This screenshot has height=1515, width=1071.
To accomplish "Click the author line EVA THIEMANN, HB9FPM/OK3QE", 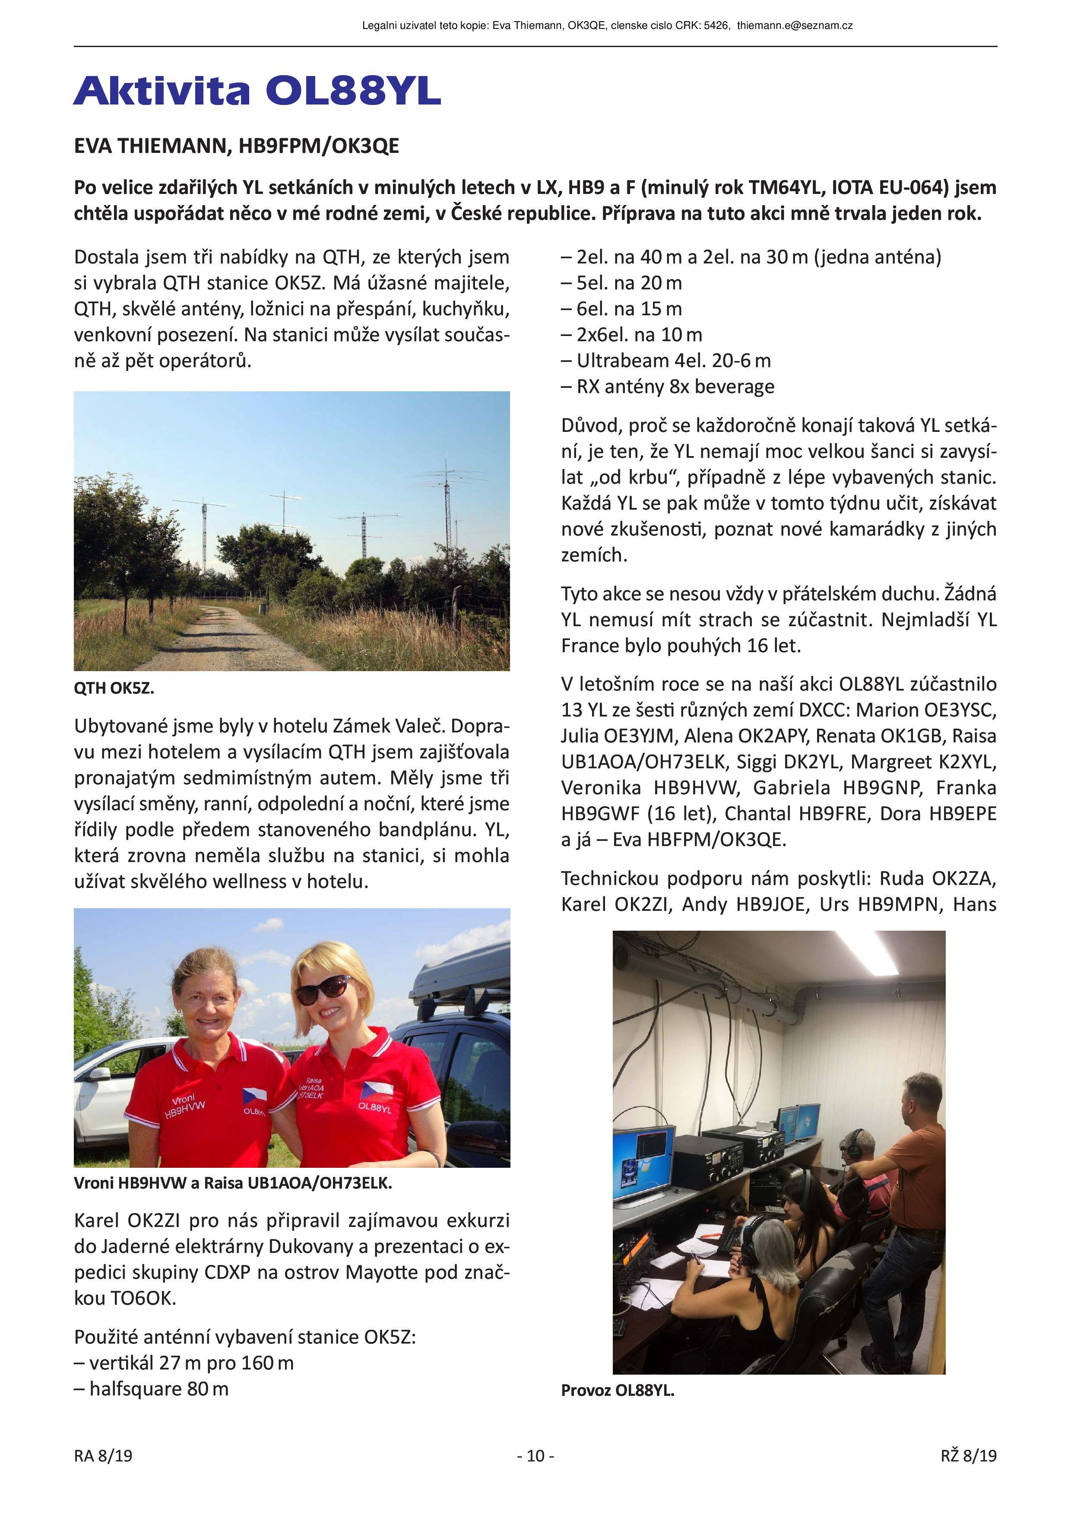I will [236, 146].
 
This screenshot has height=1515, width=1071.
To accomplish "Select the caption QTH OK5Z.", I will [114, 688].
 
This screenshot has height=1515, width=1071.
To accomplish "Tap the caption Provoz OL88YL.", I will [617, 1390].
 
